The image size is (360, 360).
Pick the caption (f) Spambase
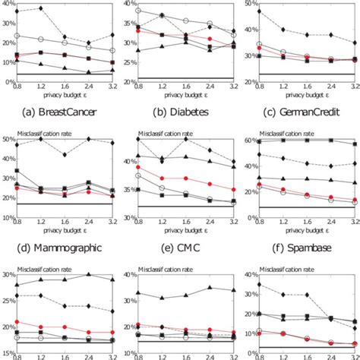point(305,248)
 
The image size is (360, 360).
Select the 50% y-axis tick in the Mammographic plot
point(7,139)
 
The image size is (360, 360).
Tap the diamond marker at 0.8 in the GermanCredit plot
point(260,11)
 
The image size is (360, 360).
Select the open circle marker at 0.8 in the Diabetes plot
point(137,11)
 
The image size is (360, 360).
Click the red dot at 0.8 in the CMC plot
point(137,166)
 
